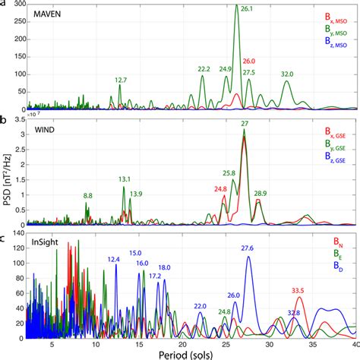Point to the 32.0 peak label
(x=287, y=74)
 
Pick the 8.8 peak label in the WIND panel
(x=88, y=196)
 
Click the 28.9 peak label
(x=260, y=194)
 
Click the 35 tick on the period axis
(x=311, y=343)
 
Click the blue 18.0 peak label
(x=164, y=267)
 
